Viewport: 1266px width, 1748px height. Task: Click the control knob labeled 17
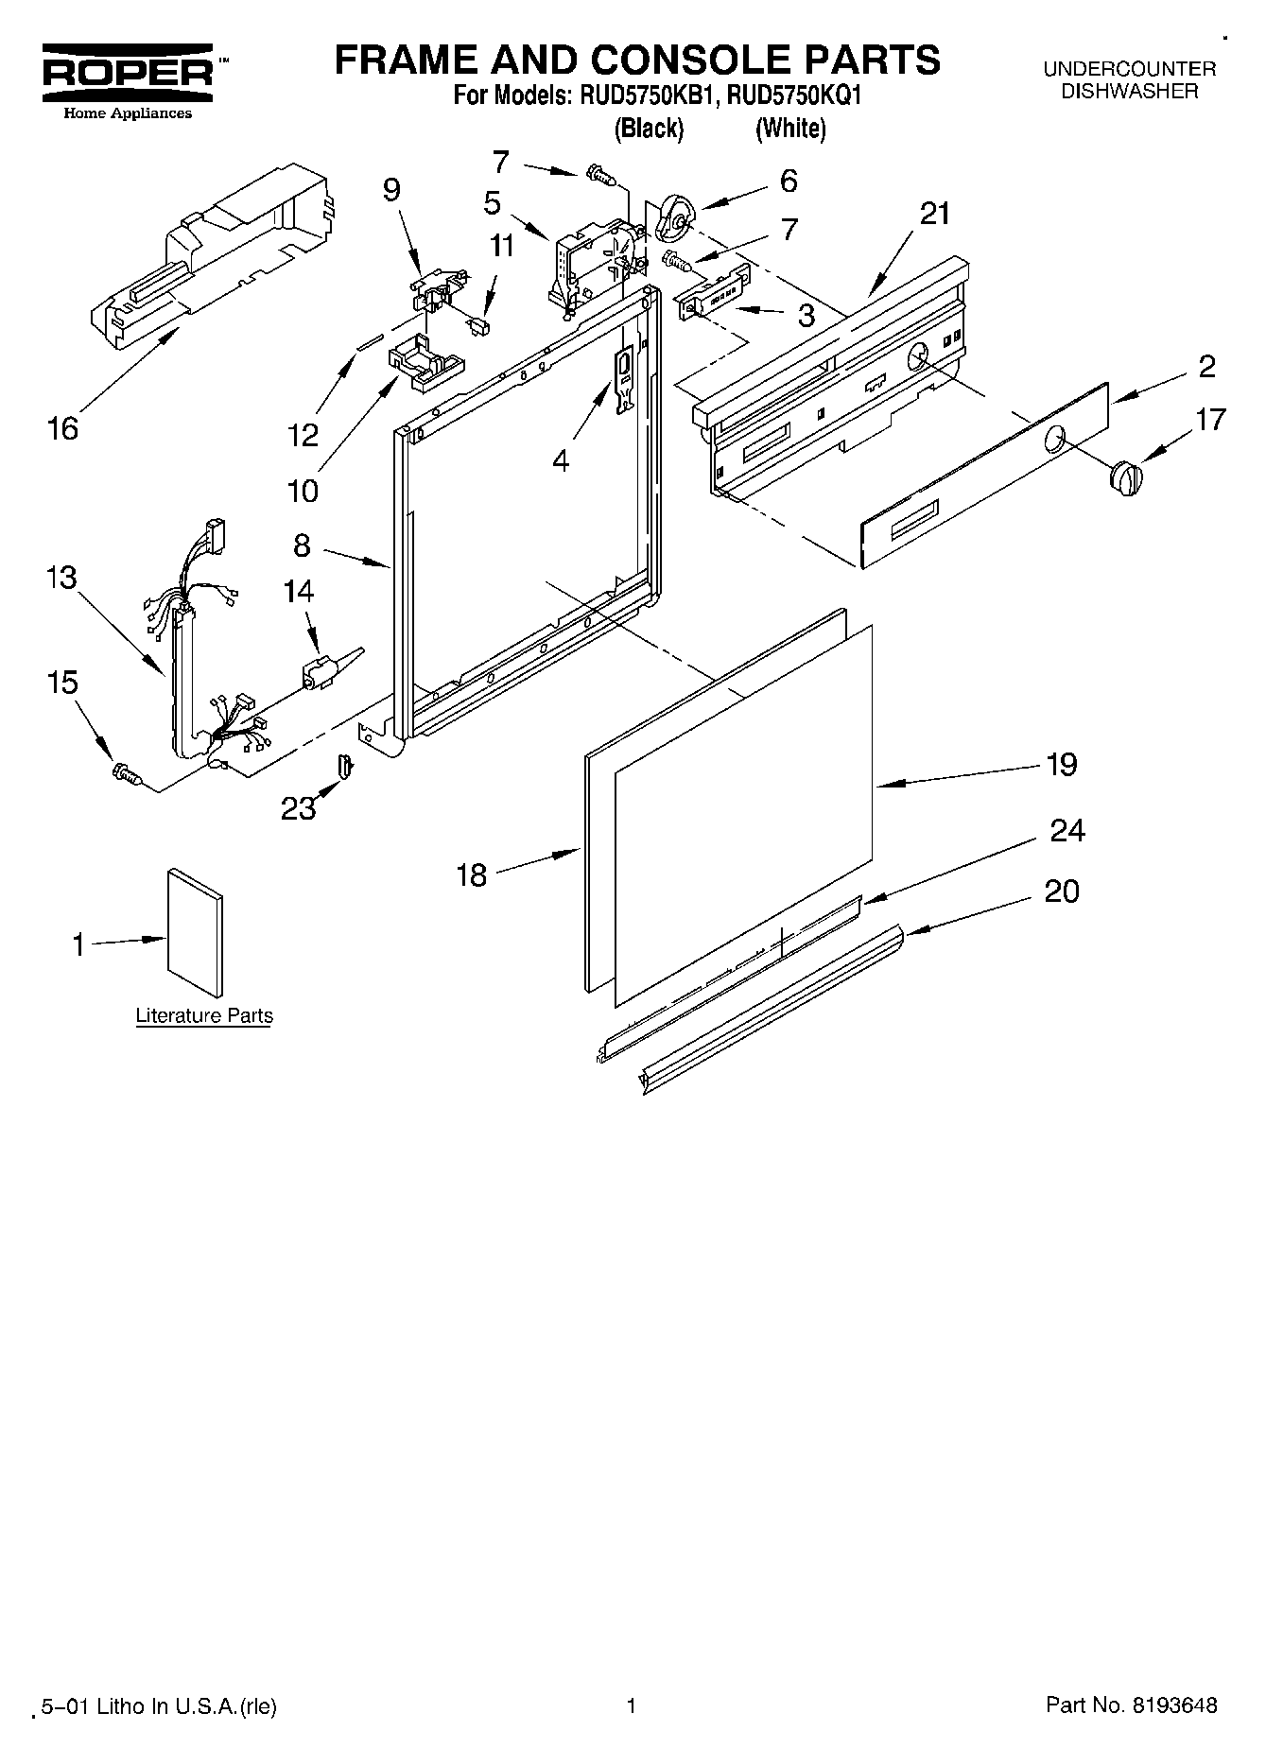[x=1125, y=475]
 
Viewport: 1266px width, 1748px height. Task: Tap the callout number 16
[x=62, y=428]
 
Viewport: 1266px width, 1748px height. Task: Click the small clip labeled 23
[x=345, y=766]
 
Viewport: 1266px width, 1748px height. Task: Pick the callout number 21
[x=934, y=214]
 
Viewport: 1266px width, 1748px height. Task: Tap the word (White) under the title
[x=790, y=128]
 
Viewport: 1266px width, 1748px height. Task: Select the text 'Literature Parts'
[x=204, y=1016]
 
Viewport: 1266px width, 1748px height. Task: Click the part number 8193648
[x=1170, y=1705]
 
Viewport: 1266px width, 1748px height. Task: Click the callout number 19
[x=1062, y=764]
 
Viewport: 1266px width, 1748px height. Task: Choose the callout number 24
[x=1067, y=830]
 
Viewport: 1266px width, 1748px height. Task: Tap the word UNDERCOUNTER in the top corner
[x=1129, y=69]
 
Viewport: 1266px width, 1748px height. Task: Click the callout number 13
[x=61, y=577]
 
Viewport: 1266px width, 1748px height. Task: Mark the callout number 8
[x=302, y=545]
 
